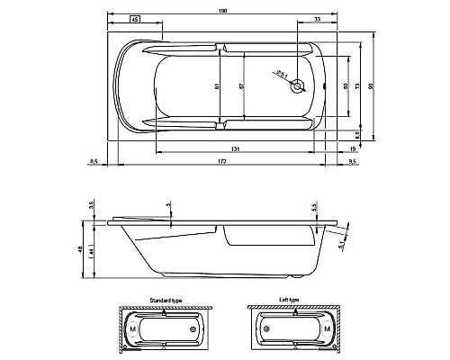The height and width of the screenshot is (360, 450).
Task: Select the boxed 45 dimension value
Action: (x=134, y=19)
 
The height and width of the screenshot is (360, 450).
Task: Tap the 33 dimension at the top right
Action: (x=317, y=19)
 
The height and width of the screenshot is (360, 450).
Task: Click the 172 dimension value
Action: (x=221, y=161)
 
